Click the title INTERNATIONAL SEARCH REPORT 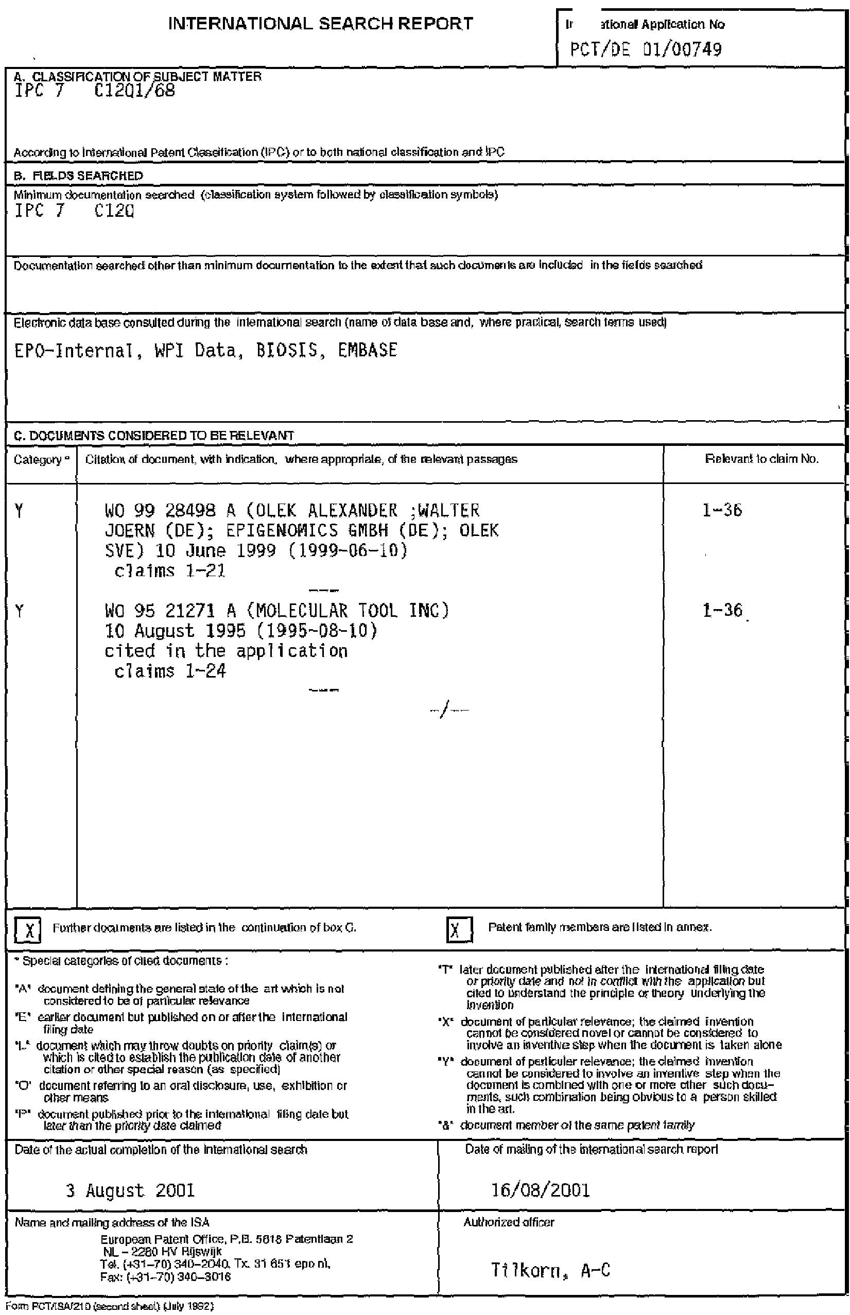click(320, 24)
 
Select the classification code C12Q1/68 click(135, 90)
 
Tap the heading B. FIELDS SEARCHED click(78, 176)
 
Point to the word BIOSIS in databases click(287, 350)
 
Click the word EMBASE click(367, 350)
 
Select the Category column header click(38, 460)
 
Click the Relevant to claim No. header click(761, 459)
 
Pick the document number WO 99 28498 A click(170, 510)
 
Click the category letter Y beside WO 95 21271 click(20, 612)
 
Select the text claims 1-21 click(170, 570)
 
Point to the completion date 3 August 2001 click(130, 1190)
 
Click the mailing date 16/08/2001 click(541, 1190)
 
